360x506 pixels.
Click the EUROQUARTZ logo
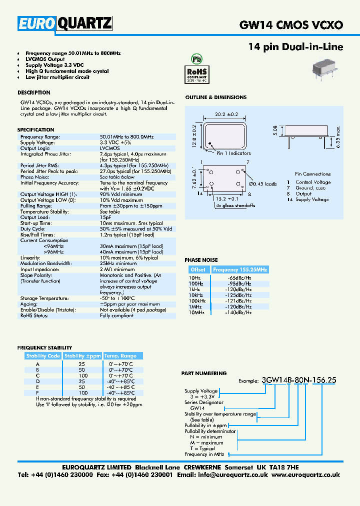point(65,23)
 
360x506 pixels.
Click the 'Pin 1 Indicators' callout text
point(233,153)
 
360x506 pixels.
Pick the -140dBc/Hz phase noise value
point(239,312)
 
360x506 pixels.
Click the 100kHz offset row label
point(197,301)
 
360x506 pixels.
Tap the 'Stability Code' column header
point(43,356)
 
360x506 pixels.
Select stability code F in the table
point(37,393)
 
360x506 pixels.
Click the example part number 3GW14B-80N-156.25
point(298,380)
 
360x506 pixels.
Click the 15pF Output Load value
point(105,217)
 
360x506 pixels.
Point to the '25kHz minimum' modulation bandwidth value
point(118,263)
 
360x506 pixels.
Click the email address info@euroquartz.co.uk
point(240,474)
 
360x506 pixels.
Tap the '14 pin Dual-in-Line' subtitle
point(295,47)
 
